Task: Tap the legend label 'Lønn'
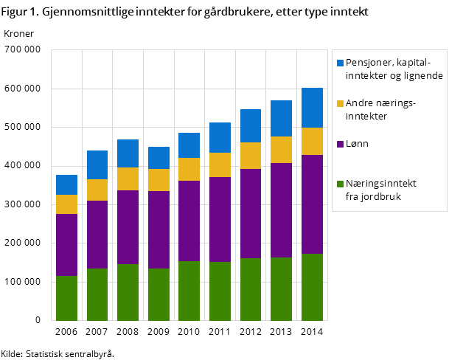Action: click(x=357, y=144)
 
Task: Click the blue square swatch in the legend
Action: click(x=340, y=63)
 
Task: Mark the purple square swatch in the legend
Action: click(x=340, y=144)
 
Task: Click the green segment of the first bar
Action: click(x=67, y=298)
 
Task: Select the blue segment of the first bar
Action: click(x=67, y=184)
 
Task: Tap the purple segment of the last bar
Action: click(x=312, y=204)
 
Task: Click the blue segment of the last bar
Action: click(x=312, y=108)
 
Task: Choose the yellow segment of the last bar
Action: click(x=312, y=141)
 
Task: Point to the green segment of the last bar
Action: click(x=312, y=287)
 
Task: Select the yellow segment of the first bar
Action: click(x=67, y=204)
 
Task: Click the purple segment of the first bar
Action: click(x=67, y=245)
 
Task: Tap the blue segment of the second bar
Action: click(x=97, y=165)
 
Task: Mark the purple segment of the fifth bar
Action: click(x=189, y=221)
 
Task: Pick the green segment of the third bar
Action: click(x=128, y=292)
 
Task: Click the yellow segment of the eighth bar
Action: click(x=281, y=150)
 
